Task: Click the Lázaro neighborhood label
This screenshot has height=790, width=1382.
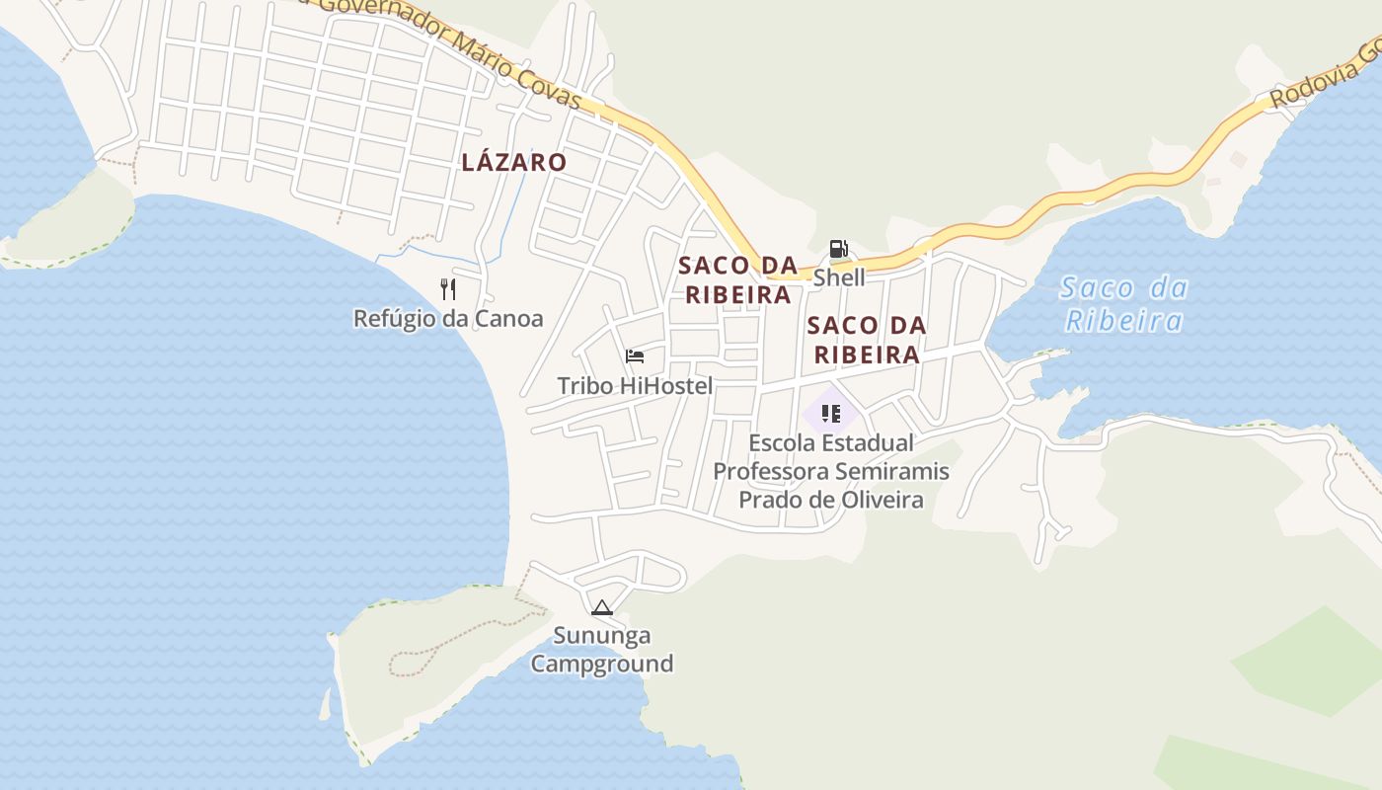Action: (513, 162)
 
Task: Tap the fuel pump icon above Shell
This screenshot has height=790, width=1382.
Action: (838, 249)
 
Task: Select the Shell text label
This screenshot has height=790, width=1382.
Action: (839, 277)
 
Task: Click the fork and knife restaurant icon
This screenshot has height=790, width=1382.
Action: (448, 288)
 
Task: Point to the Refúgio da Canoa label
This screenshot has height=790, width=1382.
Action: (448, 318)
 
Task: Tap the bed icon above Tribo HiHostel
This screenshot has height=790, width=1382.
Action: (635, 356)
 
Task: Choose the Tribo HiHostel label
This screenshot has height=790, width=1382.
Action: (635, 385)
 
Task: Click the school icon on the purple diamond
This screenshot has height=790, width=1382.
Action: (830, 413)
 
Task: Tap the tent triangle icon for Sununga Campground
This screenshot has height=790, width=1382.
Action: (602, 607)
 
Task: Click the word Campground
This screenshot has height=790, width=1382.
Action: (602, 664)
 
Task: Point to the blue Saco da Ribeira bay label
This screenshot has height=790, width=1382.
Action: (1123, 304)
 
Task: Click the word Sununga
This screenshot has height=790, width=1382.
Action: (602, 635)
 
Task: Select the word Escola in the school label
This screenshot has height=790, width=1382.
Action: (783, 442)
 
